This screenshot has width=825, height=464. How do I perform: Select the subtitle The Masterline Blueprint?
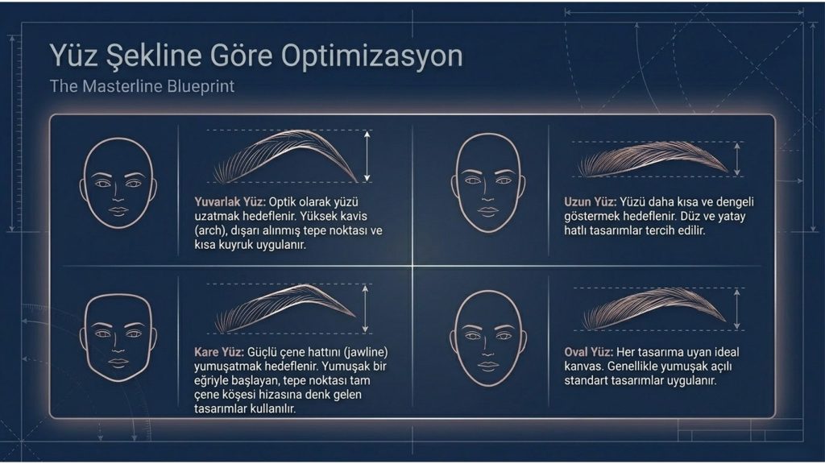[142, 86]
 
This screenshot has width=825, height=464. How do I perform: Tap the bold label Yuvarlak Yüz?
[230, 202]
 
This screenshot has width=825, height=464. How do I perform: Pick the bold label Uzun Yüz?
[590, 202]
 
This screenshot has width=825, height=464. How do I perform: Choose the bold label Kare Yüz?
[219, 352]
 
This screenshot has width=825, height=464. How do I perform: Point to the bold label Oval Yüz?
[588, 352]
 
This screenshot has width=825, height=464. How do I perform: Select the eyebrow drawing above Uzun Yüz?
[653, 158]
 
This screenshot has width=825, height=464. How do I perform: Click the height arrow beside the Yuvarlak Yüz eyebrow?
[367, 156]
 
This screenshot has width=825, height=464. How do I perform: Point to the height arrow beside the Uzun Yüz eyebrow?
[737, 159]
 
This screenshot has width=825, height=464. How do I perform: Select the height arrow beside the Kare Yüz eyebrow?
[365, 309]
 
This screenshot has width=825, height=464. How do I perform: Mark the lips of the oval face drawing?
[487, 366]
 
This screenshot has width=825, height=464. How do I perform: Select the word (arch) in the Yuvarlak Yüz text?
[209, 231]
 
